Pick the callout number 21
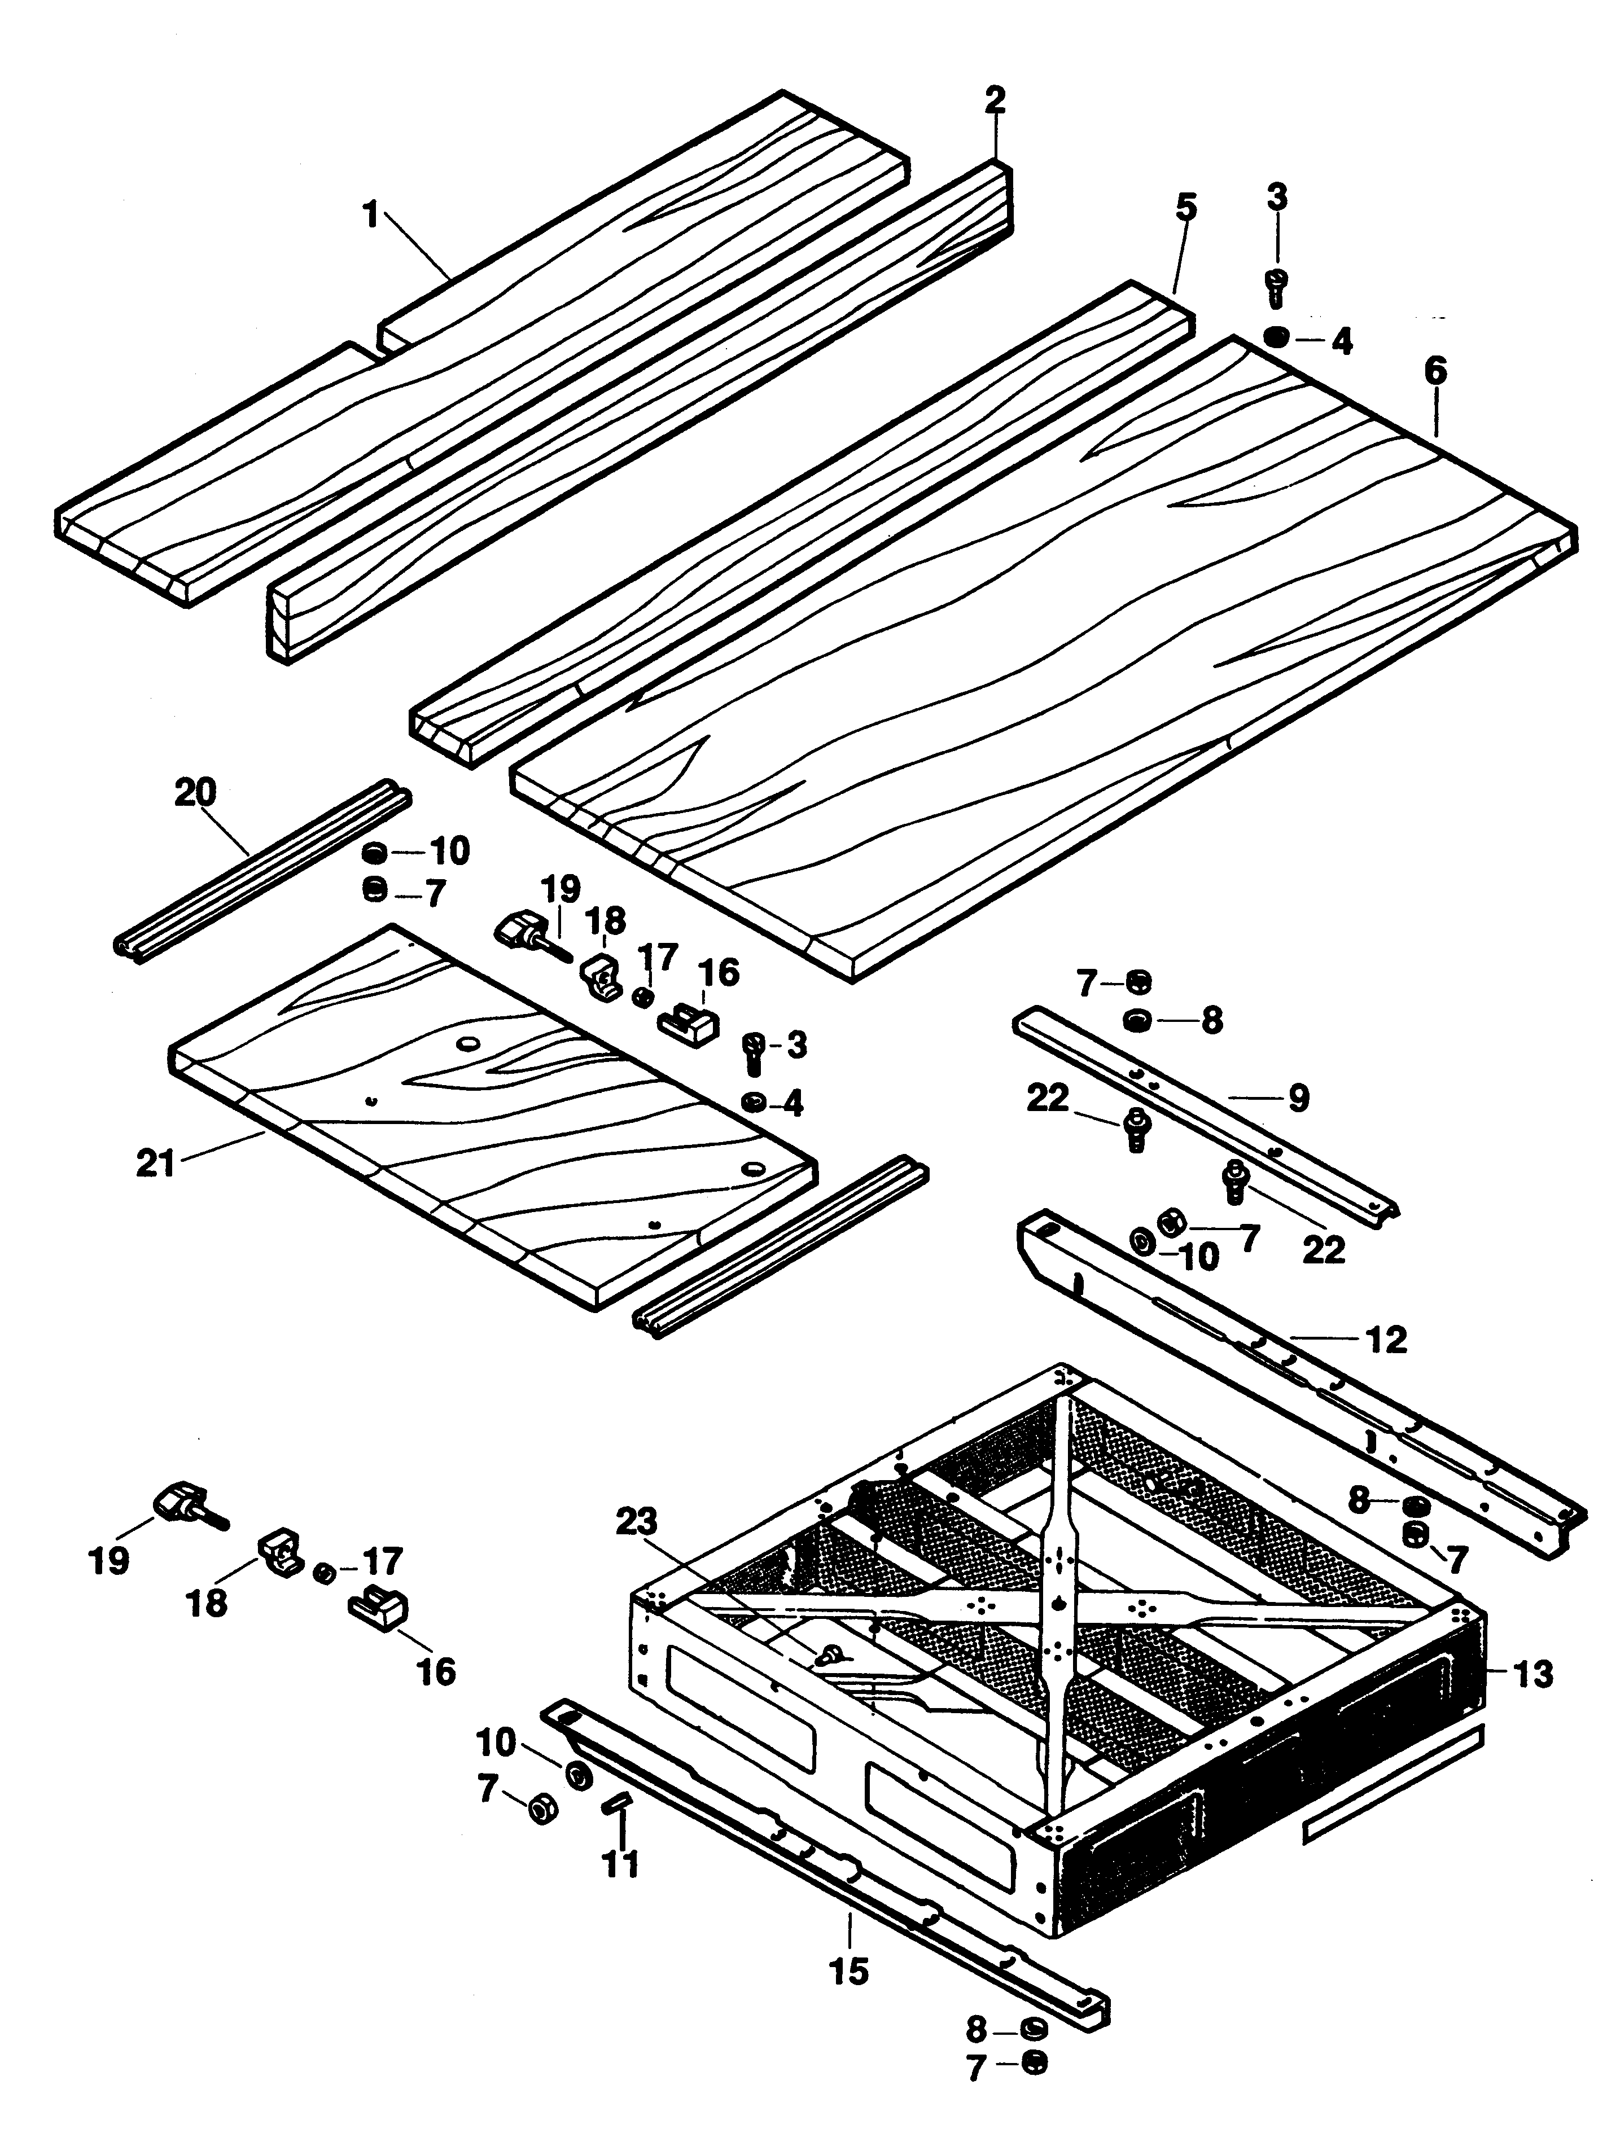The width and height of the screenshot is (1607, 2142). pos(155,1163)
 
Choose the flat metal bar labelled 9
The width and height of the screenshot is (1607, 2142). pos(1207,1118)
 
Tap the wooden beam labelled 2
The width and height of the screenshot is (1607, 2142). pos(640,411)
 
